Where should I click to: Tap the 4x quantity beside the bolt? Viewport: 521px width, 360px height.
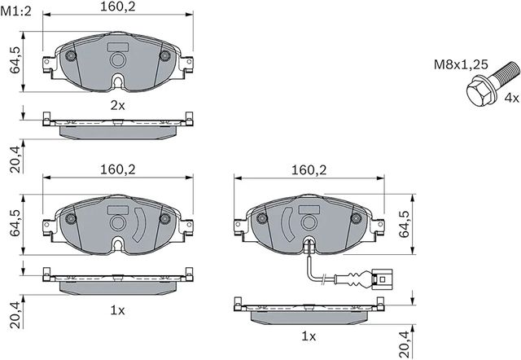tap(511, 97)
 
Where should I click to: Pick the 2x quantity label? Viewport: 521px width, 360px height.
tap(118, 105)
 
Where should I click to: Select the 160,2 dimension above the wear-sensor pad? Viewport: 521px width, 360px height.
tap(309, 170)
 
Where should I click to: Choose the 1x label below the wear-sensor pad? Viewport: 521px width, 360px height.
tap(309, 336)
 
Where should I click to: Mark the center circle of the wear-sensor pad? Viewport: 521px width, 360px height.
tap(309, 222)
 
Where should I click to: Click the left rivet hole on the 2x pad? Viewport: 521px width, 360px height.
tap(71, 56)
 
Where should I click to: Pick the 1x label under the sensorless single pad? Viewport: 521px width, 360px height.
tap(118, 310)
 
